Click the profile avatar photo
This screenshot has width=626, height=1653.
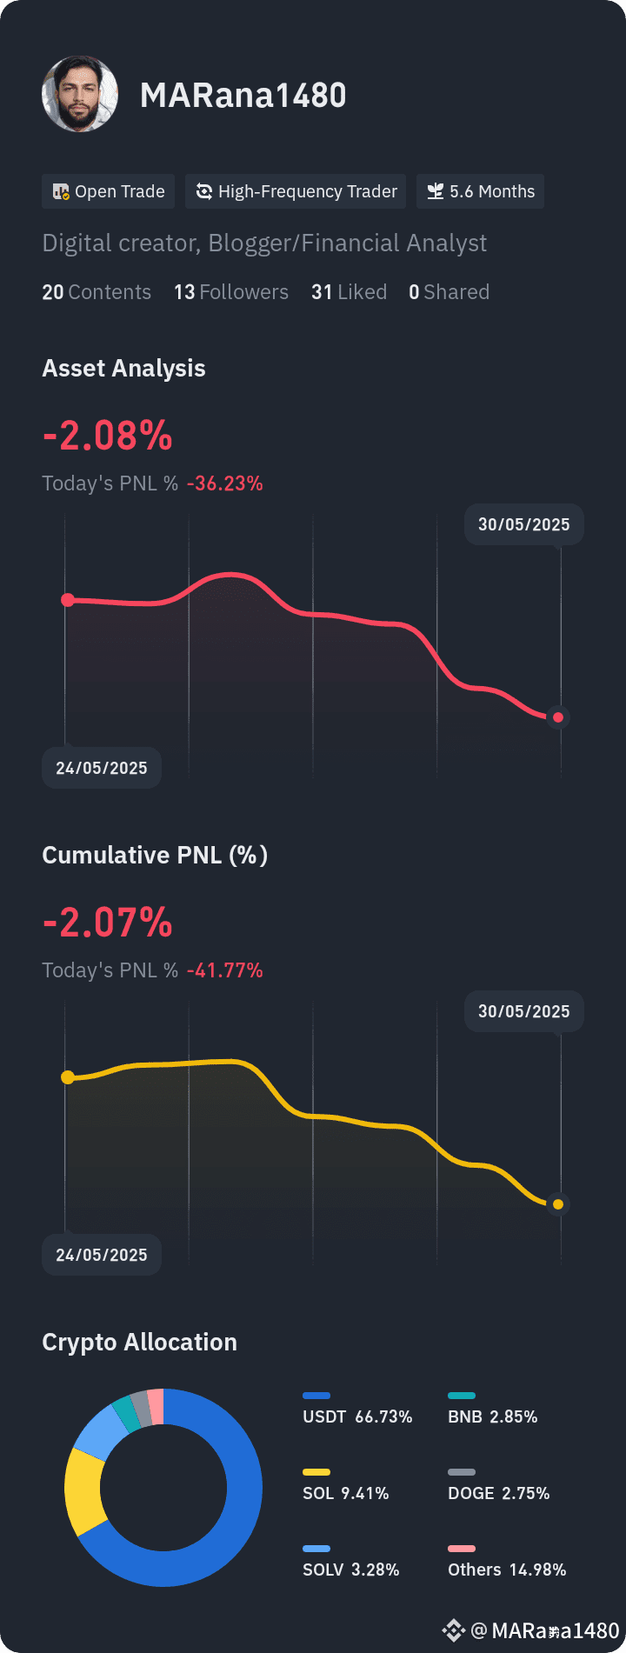(x=80, y=94)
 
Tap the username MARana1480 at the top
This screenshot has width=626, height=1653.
(x=243, y=96)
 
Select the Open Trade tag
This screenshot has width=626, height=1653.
(x=109, y=191)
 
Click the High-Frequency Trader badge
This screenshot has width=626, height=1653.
(x=296, y=191)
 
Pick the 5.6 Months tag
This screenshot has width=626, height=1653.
(x=481, y=191)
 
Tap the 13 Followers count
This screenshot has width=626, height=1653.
(x=231, y=292)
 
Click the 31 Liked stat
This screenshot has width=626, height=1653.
(x=350, y=292)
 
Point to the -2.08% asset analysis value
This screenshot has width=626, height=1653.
(x=108, y=436)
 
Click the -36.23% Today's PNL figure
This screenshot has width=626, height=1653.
(x=225, y=483)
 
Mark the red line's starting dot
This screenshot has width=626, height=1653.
(x=68, y=600)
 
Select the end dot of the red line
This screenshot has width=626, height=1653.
(x=558, y=717)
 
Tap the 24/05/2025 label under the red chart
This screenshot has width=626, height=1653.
(x=102, y=768)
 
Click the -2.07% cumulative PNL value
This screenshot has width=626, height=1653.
(x=108, y=923)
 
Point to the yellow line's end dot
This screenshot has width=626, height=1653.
(x=558, y=1204)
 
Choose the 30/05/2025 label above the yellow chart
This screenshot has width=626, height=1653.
(x=524, y=1011)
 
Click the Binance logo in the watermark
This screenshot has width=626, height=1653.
(x=454, y=1630)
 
